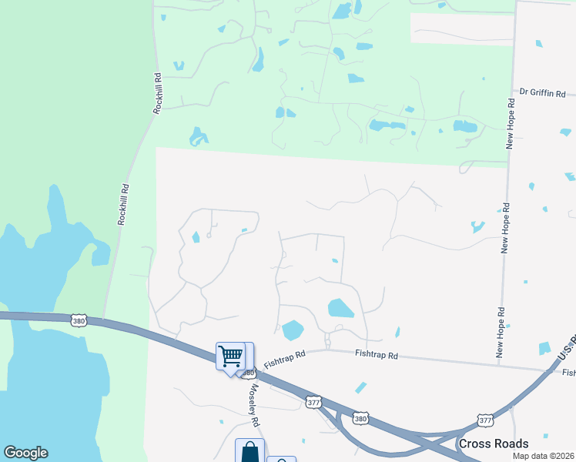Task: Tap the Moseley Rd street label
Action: (x=253, y=406)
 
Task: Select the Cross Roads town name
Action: (x=493, y=444)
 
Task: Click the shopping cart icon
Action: (x=230, y=357)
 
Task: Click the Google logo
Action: (x=25, y=453)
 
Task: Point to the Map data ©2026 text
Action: (x=544, y=456)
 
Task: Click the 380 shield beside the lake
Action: (x=79, y=319)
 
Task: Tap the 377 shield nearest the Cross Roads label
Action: (x=485, y=420)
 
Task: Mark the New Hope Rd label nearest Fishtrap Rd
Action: (x=501, y=333)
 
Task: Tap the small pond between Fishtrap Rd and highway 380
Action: (x=360, y=387)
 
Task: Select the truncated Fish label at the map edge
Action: (x=569, y=373)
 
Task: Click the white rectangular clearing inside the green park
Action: (x=462, y=28)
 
